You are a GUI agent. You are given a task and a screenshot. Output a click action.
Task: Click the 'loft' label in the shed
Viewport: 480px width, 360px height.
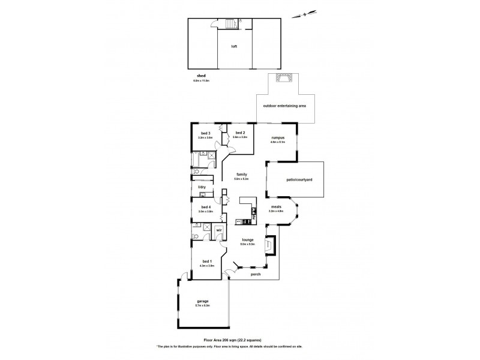(x=235, y=46)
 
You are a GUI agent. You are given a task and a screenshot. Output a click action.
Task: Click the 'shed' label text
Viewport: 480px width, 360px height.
(x=200, y=76)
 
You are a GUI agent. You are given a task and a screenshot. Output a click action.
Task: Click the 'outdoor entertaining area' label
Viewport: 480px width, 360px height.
(x=284, y=106)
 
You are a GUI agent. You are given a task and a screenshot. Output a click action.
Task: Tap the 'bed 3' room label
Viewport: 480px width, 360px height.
(x=205, y=133)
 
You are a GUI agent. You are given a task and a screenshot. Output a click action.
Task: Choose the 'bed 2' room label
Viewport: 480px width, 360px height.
(x=239, y=133)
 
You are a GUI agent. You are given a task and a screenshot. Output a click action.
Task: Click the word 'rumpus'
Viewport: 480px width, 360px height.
(x=277, y=137)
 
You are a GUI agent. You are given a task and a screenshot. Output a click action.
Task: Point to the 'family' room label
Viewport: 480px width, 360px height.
(x=241, y=175)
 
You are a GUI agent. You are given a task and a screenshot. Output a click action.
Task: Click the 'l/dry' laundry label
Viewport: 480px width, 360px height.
(x=202, y=188)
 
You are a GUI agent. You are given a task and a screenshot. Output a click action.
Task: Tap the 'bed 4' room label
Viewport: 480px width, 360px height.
(x=205, y=207)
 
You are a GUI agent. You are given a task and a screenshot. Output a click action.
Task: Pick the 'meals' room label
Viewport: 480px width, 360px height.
(x=276, y=208)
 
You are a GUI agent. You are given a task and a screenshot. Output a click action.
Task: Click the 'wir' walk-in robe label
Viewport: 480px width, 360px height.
(x=220, y=230)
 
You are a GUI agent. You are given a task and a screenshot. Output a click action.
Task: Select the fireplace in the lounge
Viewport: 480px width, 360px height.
(x=271, y=245)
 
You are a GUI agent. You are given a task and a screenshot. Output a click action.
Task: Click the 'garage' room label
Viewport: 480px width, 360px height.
(x=202, y=302)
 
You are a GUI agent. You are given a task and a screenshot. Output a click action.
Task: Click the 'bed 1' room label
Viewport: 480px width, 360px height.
(x=206, y=261)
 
